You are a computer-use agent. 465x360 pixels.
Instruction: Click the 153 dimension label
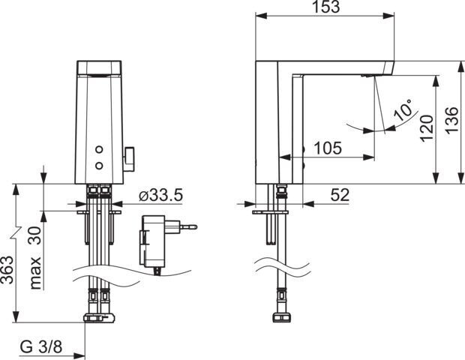tap(325, 7)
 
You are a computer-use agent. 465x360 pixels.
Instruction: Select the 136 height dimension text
tap(452, 121)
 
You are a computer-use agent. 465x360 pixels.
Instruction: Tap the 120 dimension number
tap(427, 128)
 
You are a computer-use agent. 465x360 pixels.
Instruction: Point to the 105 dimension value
tap(328, 148)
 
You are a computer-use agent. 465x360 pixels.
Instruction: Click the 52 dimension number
tap(340, 195)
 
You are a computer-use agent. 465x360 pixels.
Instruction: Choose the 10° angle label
tap(403, 109)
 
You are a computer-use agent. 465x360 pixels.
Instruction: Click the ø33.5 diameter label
tap(160, 195)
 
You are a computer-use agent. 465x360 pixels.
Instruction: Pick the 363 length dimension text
tap(7, 269)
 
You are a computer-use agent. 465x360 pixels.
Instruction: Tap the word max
tap(35, 273)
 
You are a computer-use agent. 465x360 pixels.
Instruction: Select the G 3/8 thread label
tap(41, 346)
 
